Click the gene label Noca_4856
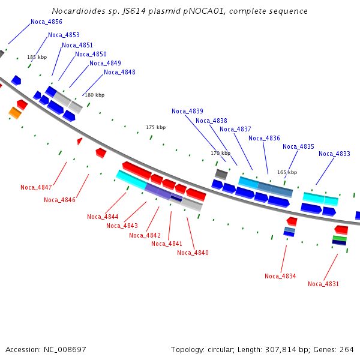tap(46, 22)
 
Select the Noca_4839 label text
tap(187, 111)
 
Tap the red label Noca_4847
tap(36, 187)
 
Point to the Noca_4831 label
tap(323, 284)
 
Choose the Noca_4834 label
tap(280, 276)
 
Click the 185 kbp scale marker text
tap(37, 57)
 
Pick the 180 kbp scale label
tap(94, 95)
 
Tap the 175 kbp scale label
tap(155, 127)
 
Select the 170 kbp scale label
tap(220, 153)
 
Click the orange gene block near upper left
tap(15, 112)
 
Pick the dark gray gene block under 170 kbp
tap(221, 174)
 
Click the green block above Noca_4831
tap(340, 238)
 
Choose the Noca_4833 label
tap(334, 154)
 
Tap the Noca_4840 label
tap(193, 253)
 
